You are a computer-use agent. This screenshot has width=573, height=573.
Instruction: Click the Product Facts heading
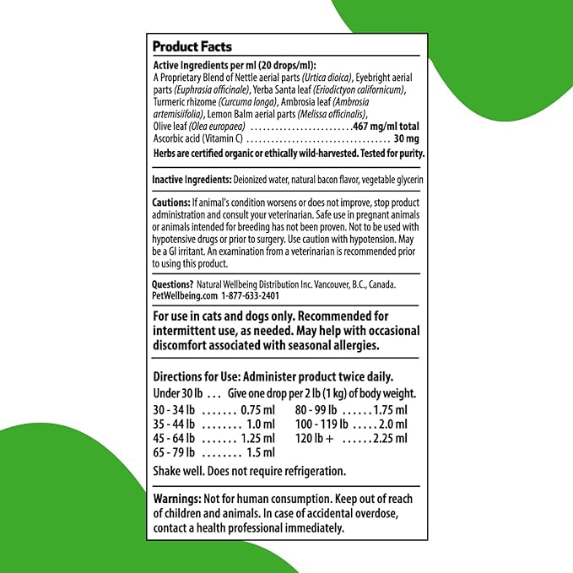point(192,47)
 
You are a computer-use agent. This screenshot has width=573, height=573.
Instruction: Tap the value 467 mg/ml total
point(388,126)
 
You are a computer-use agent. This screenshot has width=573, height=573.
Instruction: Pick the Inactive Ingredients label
point(192,181)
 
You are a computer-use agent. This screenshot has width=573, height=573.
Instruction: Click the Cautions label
point(171,203)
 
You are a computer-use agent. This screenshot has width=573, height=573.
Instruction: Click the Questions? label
point(173,285)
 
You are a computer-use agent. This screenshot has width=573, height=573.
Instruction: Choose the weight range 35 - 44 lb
point(174,424)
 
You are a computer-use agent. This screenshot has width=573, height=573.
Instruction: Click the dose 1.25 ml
point(257,438)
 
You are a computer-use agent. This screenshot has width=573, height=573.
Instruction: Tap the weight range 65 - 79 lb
point(174,452)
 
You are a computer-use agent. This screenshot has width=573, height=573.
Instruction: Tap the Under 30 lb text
point(176,394)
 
